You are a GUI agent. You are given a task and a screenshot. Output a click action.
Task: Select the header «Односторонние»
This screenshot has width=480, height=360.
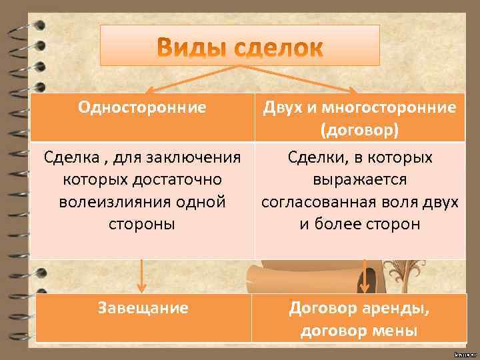142,107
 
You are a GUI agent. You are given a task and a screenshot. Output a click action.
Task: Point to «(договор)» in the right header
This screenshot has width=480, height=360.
360,129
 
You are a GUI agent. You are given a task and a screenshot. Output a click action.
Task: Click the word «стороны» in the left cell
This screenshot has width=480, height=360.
142,223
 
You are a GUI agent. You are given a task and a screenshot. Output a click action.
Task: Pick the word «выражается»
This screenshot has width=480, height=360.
360,179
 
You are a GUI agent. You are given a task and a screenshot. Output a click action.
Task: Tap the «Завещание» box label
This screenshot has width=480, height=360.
143,308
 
